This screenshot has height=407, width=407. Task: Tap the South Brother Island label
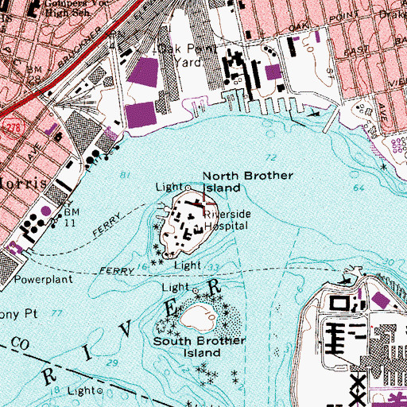201,347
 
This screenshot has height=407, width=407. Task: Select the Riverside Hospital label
227,219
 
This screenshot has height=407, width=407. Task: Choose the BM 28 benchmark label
34,76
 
